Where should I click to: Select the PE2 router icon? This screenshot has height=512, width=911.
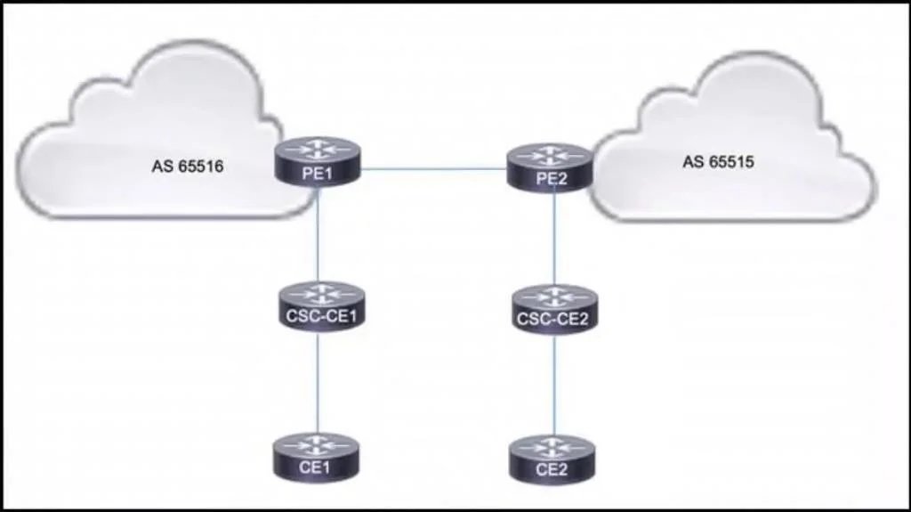(550, 167)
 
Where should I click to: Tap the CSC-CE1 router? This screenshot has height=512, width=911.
(321, 306)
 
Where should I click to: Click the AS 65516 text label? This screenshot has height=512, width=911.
(188, 167)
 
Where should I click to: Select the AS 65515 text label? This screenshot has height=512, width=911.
(718, 162)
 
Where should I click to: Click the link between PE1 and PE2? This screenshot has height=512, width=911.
(433, 169)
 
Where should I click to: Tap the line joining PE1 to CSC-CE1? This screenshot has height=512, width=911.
(318, 234)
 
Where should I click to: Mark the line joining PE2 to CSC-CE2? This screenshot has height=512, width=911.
(555, 239)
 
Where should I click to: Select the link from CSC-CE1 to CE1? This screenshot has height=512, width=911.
(318, 383)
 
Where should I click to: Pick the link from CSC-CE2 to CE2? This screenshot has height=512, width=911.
(554, 386)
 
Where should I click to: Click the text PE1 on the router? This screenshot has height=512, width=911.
(318, 174)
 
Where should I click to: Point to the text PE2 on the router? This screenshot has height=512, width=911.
(551, 178)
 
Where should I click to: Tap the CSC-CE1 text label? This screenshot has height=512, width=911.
(321, 316)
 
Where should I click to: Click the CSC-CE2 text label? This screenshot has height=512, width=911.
(552, 319)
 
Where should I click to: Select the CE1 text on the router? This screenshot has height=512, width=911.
(315, 467)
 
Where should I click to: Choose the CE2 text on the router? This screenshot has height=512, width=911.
(551, 469)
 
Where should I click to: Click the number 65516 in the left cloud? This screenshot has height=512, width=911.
(200, 167)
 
